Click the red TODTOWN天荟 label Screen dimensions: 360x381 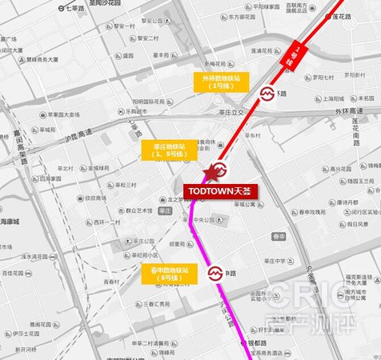coord(217,191)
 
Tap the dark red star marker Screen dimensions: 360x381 coord(212,173)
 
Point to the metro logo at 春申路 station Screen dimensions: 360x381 coord(215,274)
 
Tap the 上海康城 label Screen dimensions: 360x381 coord(10,221)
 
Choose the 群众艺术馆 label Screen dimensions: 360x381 coord(138,210)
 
